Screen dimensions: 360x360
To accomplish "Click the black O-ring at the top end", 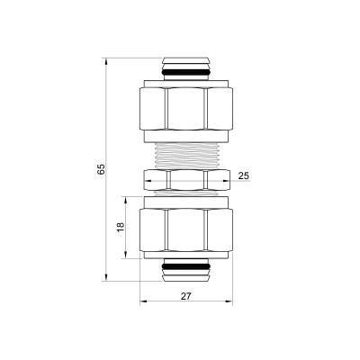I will point(187,71).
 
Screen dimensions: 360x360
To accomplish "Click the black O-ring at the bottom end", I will point(187,269).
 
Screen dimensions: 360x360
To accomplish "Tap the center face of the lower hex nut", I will point(187,231).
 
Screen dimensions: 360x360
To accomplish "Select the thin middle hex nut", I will point(187,179).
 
